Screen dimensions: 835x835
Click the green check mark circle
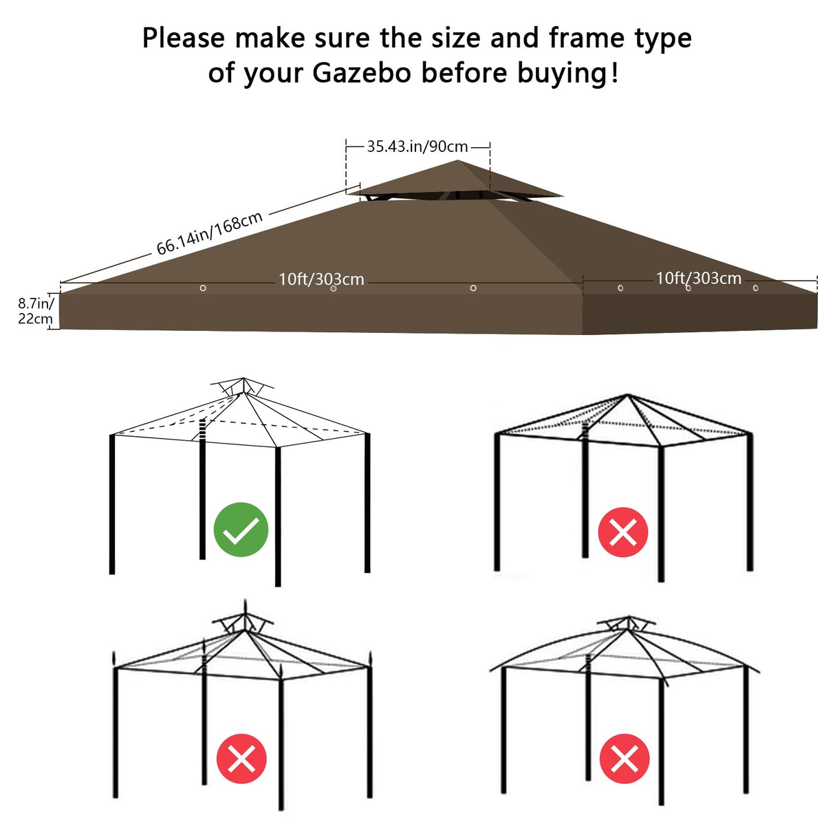click(x=241, y=530)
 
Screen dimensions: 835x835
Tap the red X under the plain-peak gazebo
click(x=623, y=532)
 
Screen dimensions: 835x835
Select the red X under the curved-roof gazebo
click(x=625, y=759)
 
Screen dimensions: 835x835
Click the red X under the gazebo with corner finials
click(x=241, y=759)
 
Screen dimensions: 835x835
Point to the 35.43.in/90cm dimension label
click(x=417, y=147)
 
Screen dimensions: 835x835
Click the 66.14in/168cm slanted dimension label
click(x=210, y=233)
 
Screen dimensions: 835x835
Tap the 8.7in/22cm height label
click(x=35, y=311)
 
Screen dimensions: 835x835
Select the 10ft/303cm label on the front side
click(x=321, y=279)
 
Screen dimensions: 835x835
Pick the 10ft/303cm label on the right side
click(x=698, y=278)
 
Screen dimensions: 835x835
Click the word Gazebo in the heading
click(x=362, y=73)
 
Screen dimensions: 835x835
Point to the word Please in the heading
click(x=184, y=38)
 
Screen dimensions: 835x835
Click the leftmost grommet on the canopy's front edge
click(x=203, y=288)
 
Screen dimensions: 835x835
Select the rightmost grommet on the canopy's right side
click(x=755, y=288)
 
